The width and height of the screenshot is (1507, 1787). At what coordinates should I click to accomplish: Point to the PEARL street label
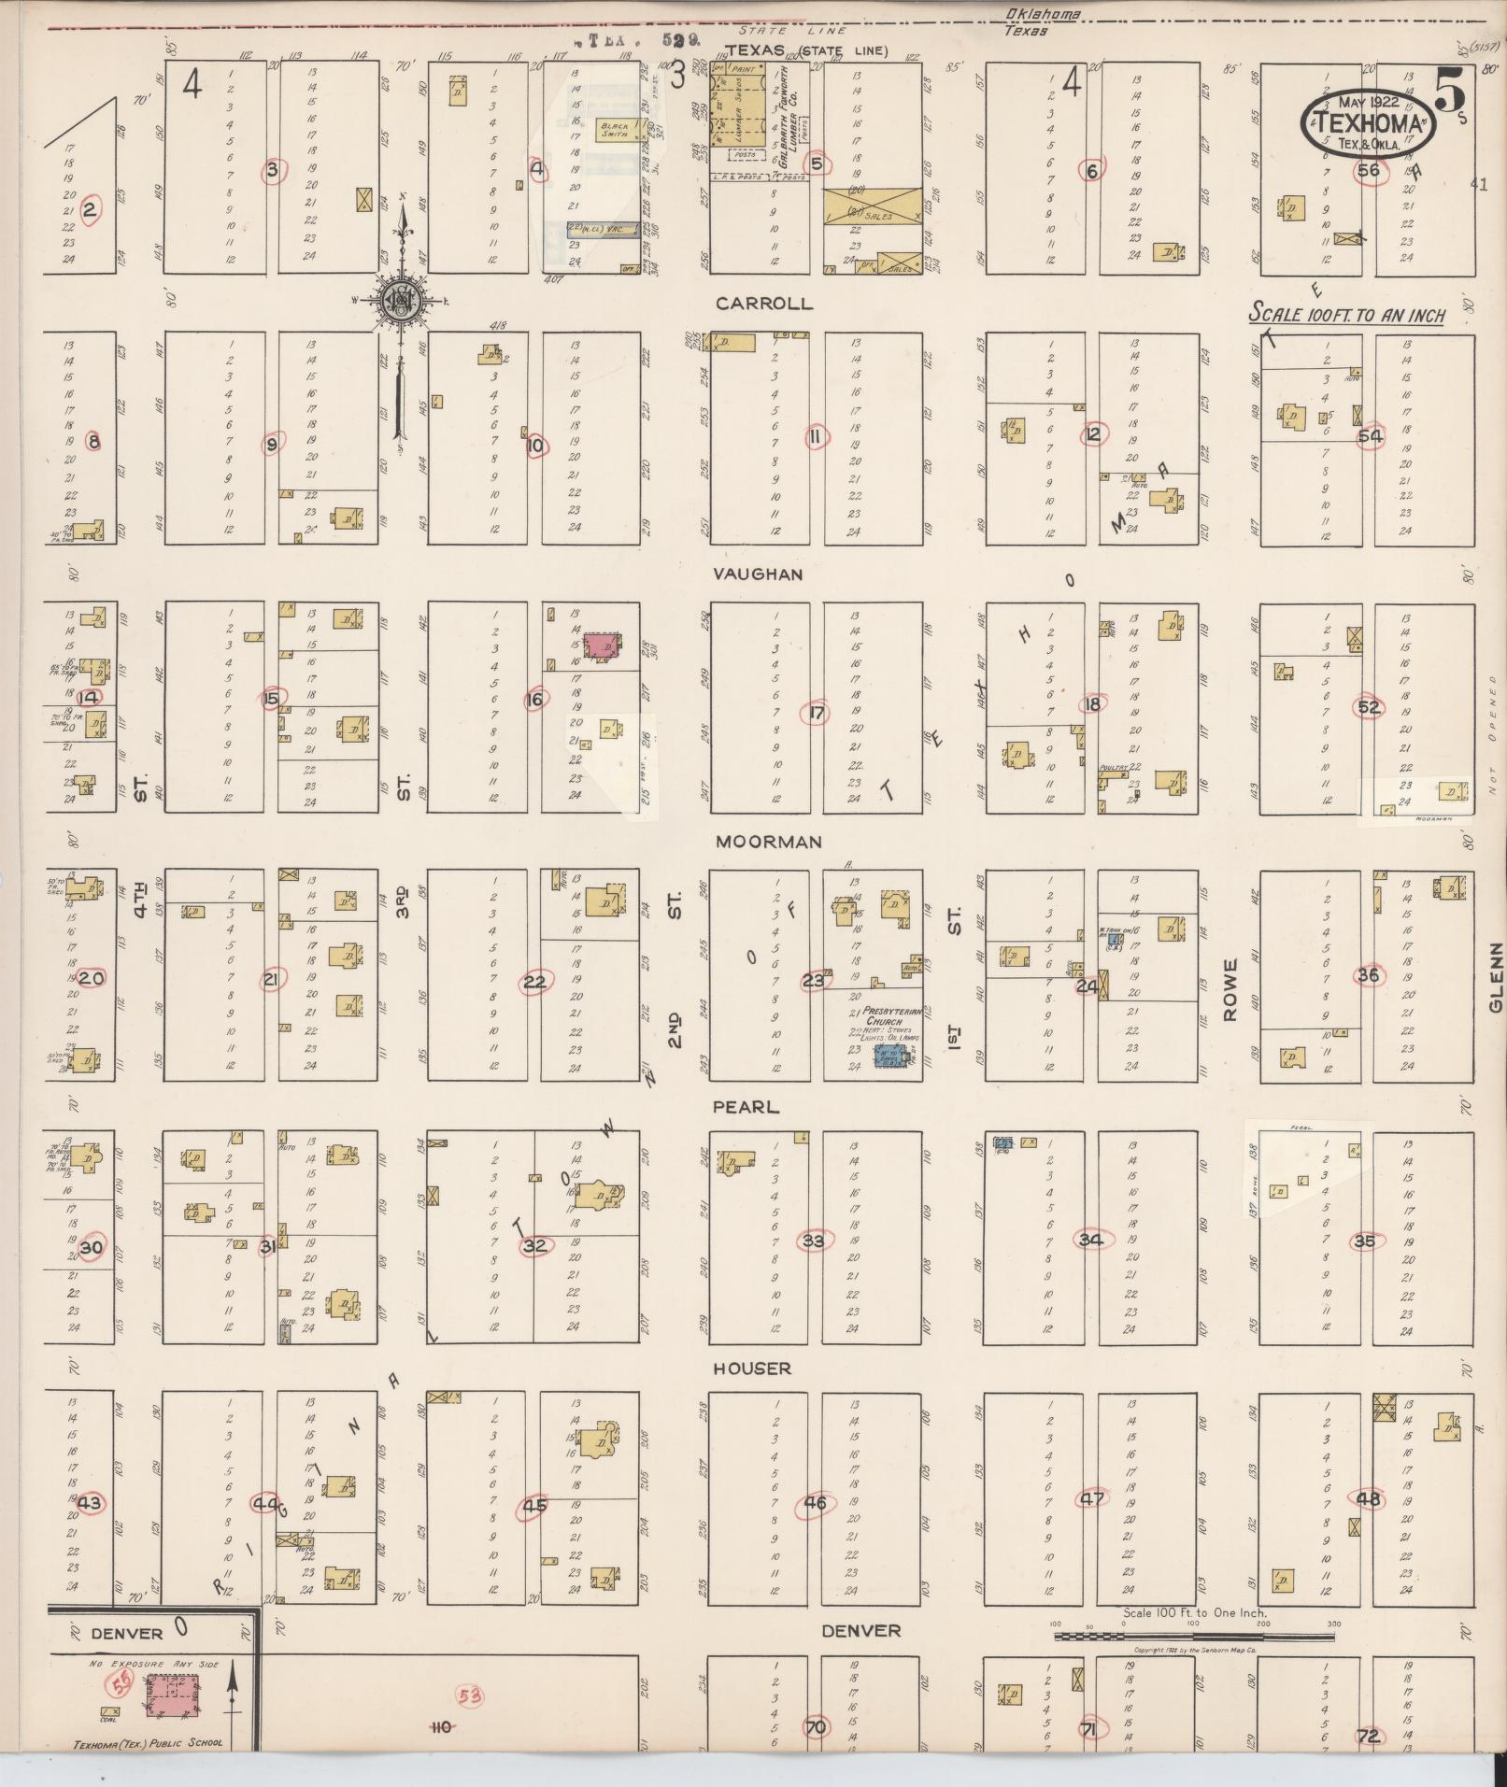click(746, 1107)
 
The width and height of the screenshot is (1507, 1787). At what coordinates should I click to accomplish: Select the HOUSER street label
click(752, 1369)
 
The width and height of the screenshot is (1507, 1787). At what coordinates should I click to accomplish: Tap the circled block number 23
click(814, 981)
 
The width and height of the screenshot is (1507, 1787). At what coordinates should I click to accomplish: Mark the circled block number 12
click(1092, 433)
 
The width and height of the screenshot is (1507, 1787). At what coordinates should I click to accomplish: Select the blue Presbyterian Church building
click(890, 1056)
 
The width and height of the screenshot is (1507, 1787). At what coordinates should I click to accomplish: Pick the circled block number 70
click(816, 1727)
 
